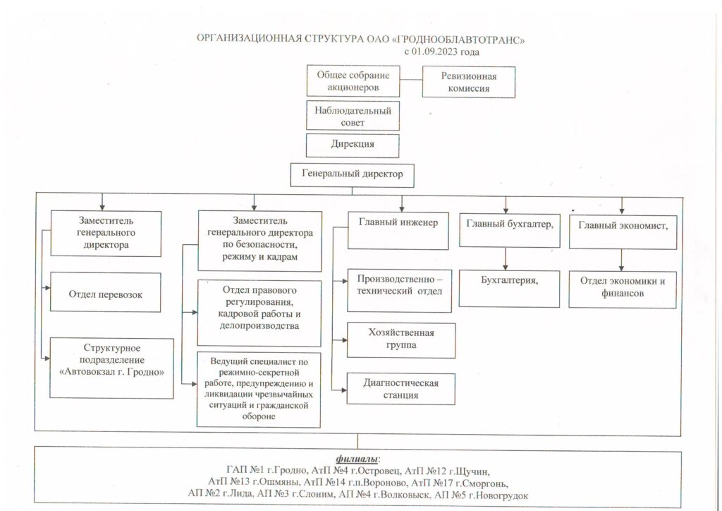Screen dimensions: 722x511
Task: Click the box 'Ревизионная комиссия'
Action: [468, 82]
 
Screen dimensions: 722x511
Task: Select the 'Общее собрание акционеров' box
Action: [353, 81]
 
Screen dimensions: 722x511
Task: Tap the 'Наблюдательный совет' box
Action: [353, 116]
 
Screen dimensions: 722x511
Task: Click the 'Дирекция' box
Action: [353, 145]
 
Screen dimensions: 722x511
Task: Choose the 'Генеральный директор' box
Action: [353, 175]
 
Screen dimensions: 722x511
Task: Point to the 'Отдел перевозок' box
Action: [106, 292]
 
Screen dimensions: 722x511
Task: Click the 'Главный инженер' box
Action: [398, 231]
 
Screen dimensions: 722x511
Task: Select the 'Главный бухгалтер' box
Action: [510, 230]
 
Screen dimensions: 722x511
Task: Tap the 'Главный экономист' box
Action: [623, 232]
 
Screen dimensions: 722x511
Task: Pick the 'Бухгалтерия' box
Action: [509, 289]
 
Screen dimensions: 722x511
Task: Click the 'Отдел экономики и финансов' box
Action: [623, 290]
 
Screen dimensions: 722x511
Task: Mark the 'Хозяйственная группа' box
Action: [401, 340]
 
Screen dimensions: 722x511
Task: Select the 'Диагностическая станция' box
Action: [401, 389]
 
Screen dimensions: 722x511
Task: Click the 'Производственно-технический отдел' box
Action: [399, 291]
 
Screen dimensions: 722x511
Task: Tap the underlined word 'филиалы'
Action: [357, 459]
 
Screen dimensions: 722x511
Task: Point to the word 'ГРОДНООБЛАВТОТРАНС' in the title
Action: [458, 40]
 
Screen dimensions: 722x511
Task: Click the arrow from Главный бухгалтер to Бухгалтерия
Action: [506, 259]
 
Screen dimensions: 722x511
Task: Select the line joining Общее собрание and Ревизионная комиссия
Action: [411, 80]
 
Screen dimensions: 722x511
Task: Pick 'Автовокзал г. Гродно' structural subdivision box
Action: [111, 368]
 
